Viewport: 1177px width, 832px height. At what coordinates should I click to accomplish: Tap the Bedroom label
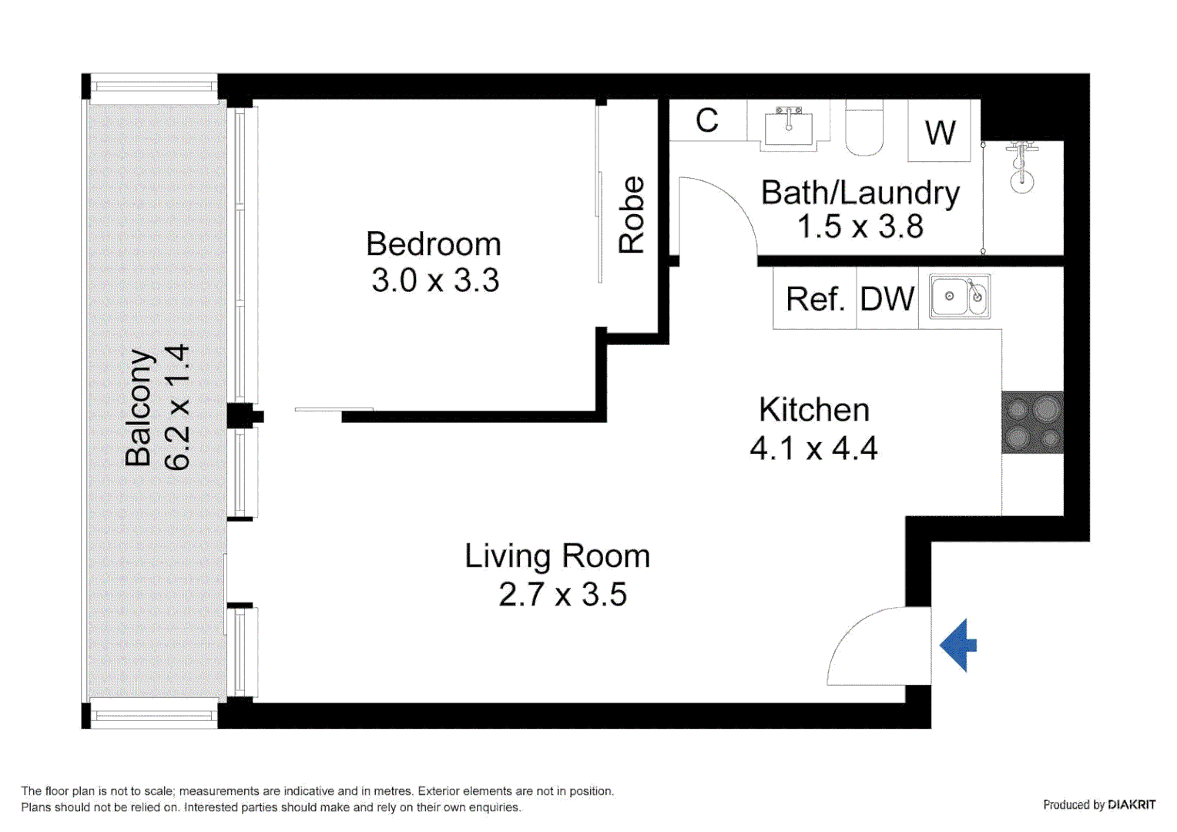[x=433, y=244]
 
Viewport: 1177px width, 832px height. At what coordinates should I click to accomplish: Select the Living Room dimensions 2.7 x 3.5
[x=562, y=595]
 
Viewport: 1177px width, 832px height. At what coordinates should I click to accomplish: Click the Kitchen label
[x=813, y=410]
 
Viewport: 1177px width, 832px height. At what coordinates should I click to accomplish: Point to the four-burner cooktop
[x=1032, y=422]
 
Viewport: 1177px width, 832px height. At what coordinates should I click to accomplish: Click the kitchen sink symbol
[x=959, y=297]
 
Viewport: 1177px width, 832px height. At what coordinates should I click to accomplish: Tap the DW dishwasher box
[x=887, y=300]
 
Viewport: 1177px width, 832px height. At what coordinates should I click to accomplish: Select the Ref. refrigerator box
[x=815, y=300]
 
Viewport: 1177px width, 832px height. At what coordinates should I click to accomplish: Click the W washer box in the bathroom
[x=940, y=133]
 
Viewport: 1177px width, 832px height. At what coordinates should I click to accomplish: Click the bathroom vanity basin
[x=788, y=126]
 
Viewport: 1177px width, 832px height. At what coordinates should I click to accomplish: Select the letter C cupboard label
[x=707, y=121]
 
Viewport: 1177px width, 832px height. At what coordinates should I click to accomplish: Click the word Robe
[x=632, y=215]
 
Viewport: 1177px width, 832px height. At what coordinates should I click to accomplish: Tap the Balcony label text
[x=139, y=408]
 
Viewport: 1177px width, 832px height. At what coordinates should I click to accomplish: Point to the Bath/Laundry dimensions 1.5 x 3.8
[x=860, y=227]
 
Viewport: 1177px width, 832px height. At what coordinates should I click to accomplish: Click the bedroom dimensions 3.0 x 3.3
[x=435, y=280]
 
